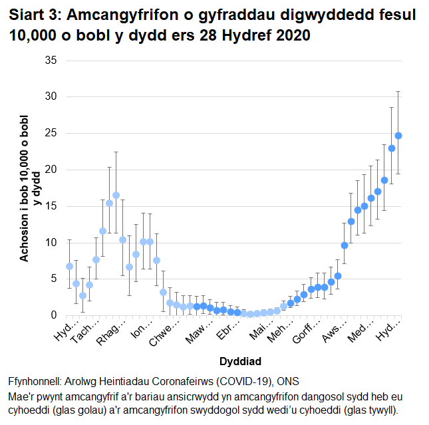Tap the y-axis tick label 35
[x=51, y=61]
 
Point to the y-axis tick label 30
[x=51, y=97]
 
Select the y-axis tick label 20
[x=51, y=170]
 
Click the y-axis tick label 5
[x=53, y=279]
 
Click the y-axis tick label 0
[x=53, y=315]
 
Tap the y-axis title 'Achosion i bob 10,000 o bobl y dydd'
[x=31, y=188]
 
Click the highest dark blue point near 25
[x=398, y=136]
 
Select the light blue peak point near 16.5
[x=116, y=195]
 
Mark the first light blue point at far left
[x=69, y=266]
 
